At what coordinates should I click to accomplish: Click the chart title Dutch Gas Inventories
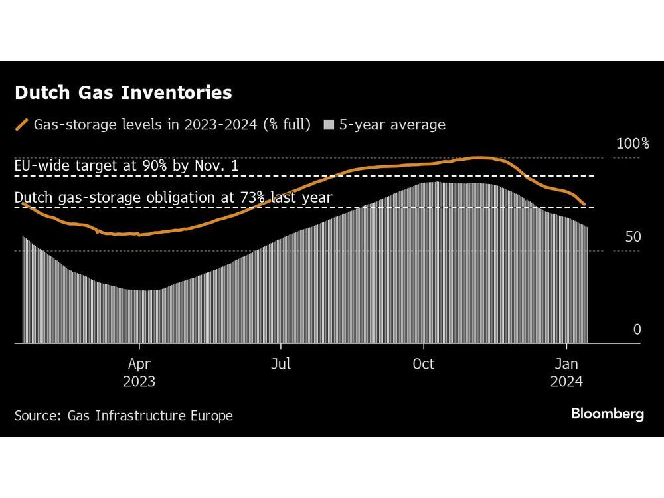(x=123, y=93)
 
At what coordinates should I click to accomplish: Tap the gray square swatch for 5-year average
(x=328, y=125)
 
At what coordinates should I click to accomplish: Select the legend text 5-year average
(x=392, y=124)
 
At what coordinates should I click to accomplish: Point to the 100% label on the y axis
(x=632, y=143)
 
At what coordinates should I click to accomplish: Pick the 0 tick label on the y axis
(x=636, y=330)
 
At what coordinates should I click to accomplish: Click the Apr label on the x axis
(x=139, y=364)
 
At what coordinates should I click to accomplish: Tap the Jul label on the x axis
(x=281, y=364)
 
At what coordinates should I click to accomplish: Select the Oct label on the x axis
(x=423, y=364)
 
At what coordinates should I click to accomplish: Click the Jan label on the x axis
(x=566, y=364)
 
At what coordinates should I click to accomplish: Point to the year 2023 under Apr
(x=139, y=382)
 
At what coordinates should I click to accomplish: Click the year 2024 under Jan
(x=566, y=382)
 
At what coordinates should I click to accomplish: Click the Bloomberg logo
(x=607, y=414)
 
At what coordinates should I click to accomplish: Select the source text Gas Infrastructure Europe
(x=150, y=416)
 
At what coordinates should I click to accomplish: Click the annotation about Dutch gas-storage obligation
(x=173, y=197)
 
